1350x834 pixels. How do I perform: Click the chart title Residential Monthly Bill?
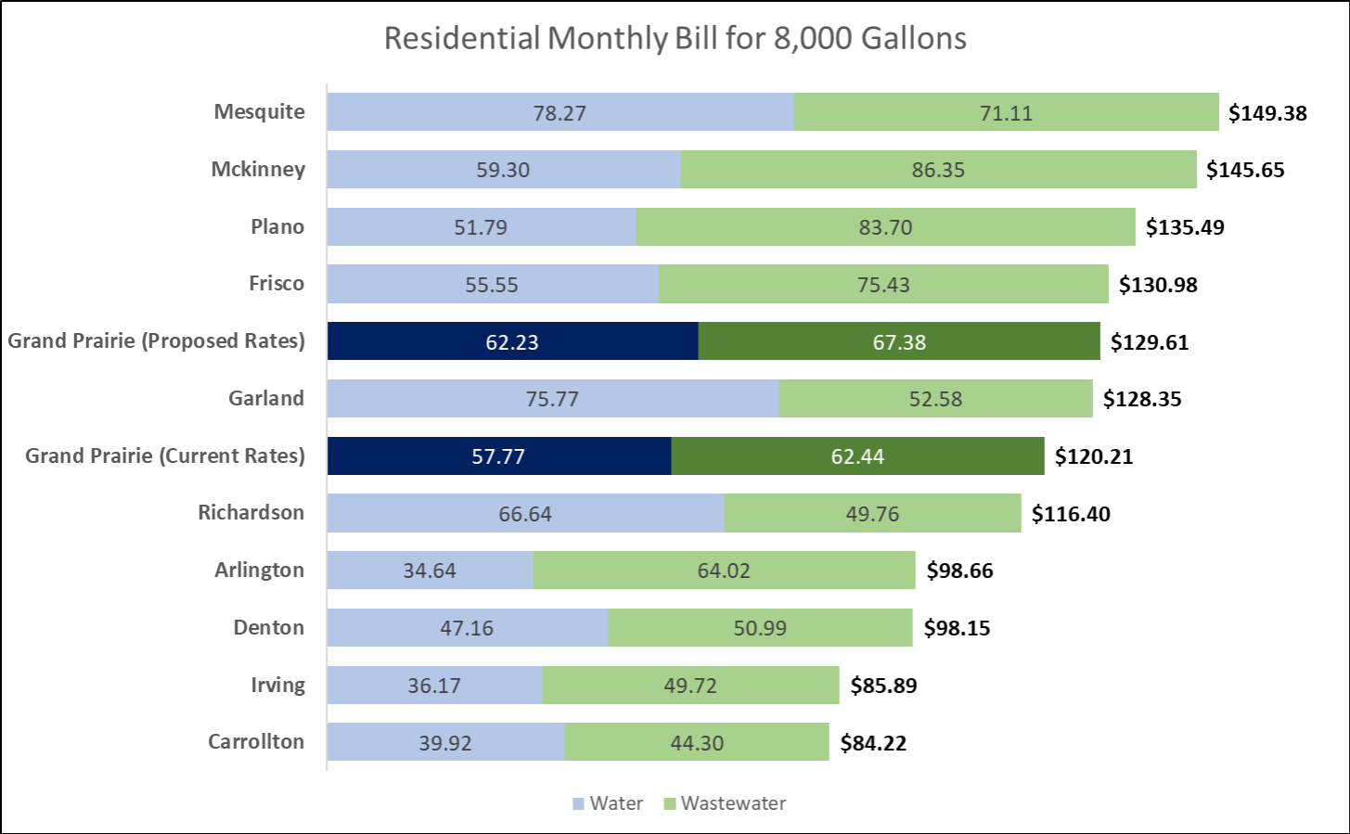click(675, 39)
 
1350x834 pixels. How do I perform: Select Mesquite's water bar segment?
click(559, 112)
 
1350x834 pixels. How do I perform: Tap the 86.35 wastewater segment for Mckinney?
click(938, 170)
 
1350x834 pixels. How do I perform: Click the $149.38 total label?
click(1267, 113)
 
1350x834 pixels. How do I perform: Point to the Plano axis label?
click(276, 226)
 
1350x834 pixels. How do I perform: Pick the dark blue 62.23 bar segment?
click(512, 341)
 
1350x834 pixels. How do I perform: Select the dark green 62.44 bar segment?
click(857, 456)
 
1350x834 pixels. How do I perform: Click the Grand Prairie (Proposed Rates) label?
click(156, 340)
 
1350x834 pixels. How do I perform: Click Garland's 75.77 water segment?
click(552, 399)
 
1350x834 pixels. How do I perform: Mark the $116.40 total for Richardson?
click(1071, 514)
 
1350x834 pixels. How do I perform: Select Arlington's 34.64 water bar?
click(430, 571)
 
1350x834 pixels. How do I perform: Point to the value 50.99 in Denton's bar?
click(760, 628)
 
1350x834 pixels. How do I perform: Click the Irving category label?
click(277, 685)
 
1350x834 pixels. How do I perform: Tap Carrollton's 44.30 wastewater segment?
click(697, 742)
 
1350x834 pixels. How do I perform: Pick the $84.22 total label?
click(873, 743)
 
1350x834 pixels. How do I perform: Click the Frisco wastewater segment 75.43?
click(883, 285)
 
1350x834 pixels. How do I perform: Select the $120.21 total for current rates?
click(1094, 456)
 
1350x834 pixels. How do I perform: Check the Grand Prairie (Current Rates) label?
click(164, 455)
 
